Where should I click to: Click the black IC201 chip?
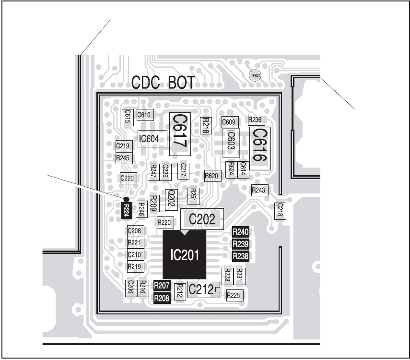pos(185,254)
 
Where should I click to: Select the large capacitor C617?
pos(179,134)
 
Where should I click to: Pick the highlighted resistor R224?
pos(126,210)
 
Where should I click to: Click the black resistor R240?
pos(240,232)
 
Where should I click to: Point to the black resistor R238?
pos(240,256)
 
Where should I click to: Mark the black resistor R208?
pos(162,298)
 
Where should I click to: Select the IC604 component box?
pos(152,139)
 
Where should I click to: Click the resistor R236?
pos(255,120)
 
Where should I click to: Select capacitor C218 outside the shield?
pos(280,210)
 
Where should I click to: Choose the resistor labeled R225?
pos(234,295)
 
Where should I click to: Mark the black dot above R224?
pos(126,199)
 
